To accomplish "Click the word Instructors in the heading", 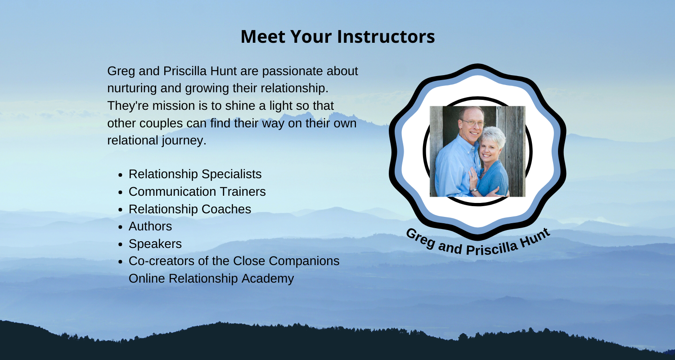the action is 386,36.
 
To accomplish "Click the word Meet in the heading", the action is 263,36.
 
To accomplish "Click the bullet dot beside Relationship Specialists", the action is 121,175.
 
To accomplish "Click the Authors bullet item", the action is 150,226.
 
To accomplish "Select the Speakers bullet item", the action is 155,244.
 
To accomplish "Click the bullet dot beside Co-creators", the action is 121,262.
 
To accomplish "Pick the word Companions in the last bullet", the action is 304,261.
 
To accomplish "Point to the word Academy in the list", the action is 268,279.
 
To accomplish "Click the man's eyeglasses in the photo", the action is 472,122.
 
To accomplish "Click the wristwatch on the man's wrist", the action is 474,190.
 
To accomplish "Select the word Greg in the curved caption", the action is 420,239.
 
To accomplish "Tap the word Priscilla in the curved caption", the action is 492,248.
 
